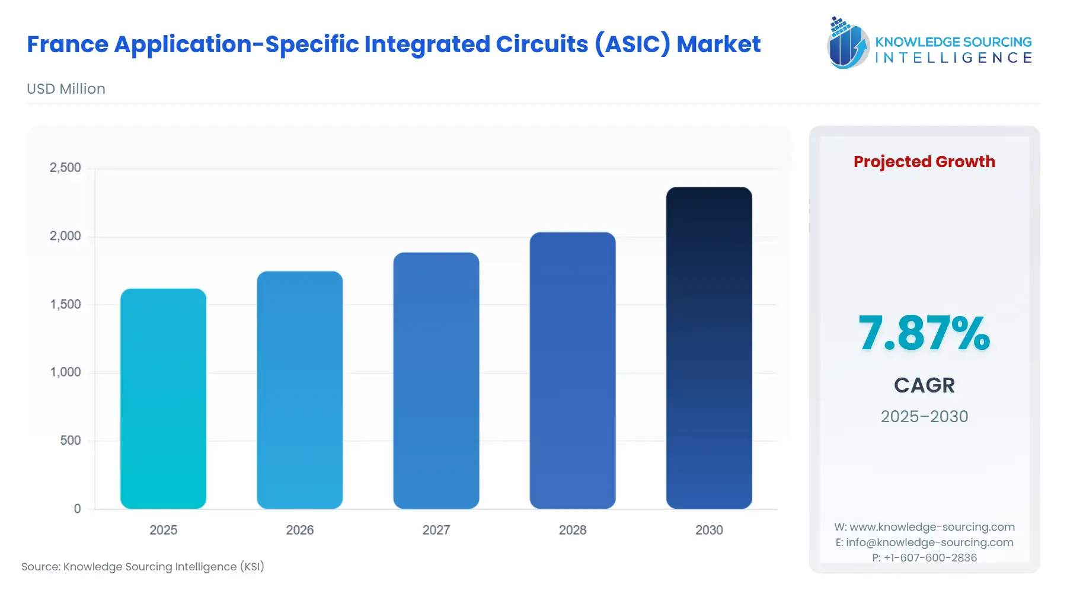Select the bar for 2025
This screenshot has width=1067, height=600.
[163, 398]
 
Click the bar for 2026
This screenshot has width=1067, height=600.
[299, 390]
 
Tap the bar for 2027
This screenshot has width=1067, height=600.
[436, 381]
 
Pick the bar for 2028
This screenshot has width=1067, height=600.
[572, 371]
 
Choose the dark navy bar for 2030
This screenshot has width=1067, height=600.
[709, 348]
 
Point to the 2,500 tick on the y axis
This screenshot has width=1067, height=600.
[65, 168]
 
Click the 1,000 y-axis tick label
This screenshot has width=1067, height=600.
[65, 372]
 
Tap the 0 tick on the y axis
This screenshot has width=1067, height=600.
[77, 509]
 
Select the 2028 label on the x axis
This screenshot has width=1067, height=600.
[572, 530]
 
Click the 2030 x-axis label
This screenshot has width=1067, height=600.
[709, 530]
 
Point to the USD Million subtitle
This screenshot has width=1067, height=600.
[66, 89]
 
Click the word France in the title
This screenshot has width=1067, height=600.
[68, 44]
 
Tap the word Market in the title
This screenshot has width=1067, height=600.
[718, 44]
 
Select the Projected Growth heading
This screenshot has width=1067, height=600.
[924, 162]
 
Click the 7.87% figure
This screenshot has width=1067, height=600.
[924, 333]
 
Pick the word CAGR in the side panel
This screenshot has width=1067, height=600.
[924, 385]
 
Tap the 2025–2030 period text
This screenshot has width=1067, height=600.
[924, 416]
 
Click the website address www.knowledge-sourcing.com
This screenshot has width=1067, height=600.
[932, 527]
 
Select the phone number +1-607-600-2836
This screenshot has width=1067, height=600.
[930, 557]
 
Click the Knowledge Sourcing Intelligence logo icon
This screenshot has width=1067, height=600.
[848, 43]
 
